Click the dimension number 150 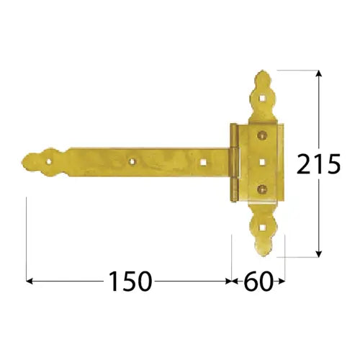click(130, 281)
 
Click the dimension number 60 click(258, 281)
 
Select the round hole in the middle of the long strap click(132, 161)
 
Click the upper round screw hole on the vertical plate click(260, 135)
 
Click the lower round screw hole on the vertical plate click(260, 189)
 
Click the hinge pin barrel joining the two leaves click(233, 162)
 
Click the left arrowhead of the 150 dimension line click(29, 281)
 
